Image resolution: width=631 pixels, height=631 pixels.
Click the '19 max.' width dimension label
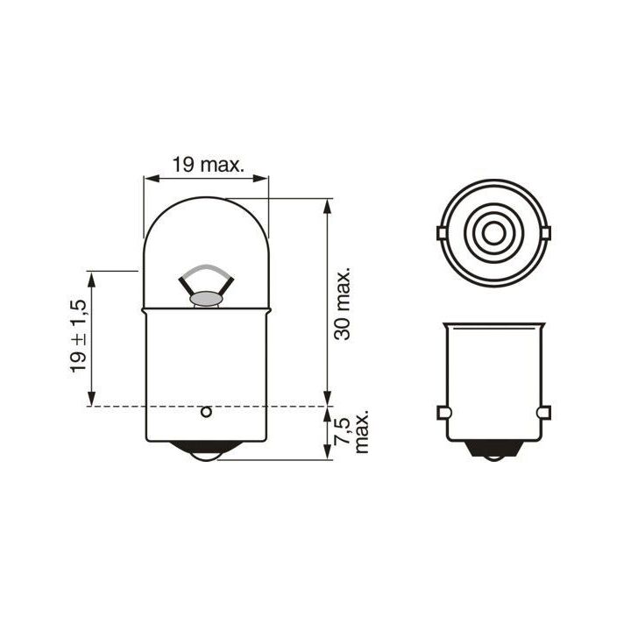coord(207,164)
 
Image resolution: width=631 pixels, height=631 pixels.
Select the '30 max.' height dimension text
coord(343,303)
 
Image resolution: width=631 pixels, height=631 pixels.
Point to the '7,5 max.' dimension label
coord(350,432)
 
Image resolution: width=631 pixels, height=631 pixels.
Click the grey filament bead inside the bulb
coord(206,300)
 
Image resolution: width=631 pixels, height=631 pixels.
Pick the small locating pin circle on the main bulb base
coord(206,411)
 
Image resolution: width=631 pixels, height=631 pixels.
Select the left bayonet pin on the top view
coord(442,233)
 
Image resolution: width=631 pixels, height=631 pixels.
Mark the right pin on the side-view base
coord(545,413)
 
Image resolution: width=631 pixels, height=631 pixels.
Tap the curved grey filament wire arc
coord(206,269)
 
